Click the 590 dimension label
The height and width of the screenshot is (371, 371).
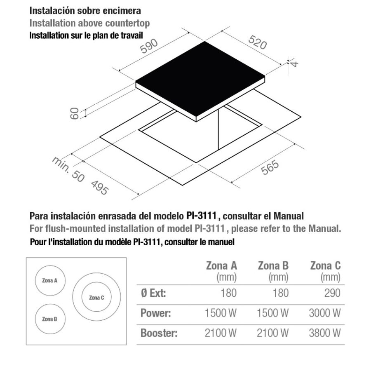tap(149, 46)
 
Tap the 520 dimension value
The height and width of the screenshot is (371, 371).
tap(257, 42)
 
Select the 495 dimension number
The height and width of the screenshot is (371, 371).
tap(100, 188)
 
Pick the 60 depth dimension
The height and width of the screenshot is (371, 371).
tap(75, 114)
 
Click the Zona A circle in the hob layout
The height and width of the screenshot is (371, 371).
tap(50, 266)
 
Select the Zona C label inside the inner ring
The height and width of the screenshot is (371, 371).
tap(96, 298)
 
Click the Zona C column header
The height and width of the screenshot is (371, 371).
tap(325, 266)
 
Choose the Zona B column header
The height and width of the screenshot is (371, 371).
tap(273, 266)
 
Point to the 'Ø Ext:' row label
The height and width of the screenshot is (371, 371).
tap(153, 293)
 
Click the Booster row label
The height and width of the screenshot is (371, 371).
tap(159, 333)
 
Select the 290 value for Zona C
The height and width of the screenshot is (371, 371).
tap(332, 293)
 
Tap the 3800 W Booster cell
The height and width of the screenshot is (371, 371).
tap(325, 333)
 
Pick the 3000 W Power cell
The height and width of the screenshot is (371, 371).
tap(325, 313)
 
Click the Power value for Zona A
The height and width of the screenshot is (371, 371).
tap(221, 313)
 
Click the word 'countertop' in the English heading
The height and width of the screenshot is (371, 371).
tap(127, 23)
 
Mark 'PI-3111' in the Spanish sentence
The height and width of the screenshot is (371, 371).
tap(201, 216)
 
